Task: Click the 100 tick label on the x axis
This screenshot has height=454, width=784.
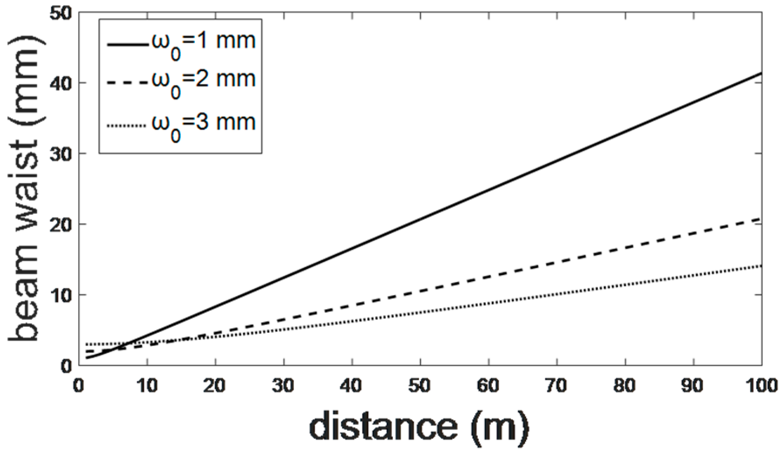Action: point(761,385)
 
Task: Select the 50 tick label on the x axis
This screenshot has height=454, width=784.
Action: point(420,385)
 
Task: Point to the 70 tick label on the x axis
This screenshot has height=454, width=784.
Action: point(557,385)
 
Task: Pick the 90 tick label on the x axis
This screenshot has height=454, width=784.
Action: point(693,385)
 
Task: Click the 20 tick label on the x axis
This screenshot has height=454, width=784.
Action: point(215,385)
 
